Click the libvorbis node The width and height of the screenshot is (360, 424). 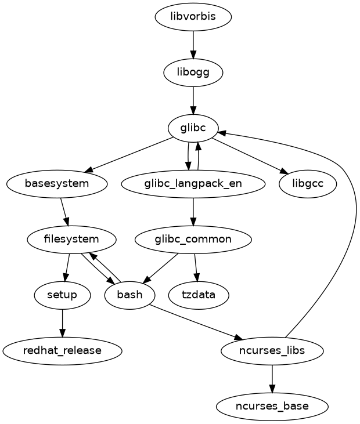coord(193,16)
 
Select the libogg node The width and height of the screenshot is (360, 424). coord(193,72)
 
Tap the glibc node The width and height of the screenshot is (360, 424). coord(193,128)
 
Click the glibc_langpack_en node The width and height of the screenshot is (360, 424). coord(193,183)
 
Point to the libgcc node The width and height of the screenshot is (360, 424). coord(308,183)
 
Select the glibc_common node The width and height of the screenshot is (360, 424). coord(193,239)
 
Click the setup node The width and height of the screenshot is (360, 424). coord(62,295)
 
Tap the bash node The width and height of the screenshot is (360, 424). coord(129,295)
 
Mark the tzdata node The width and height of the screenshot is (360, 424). coord(199,295)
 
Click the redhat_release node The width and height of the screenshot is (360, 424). coord(62,350)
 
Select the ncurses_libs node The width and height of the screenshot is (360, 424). coord(272,350)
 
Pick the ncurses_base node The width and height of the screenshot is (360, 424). coord(272,406)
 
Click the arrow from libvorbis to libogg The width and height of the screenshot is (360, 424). coord(193,44)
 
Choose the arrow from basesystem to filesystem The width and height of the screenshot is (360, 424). coord(64,211)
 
